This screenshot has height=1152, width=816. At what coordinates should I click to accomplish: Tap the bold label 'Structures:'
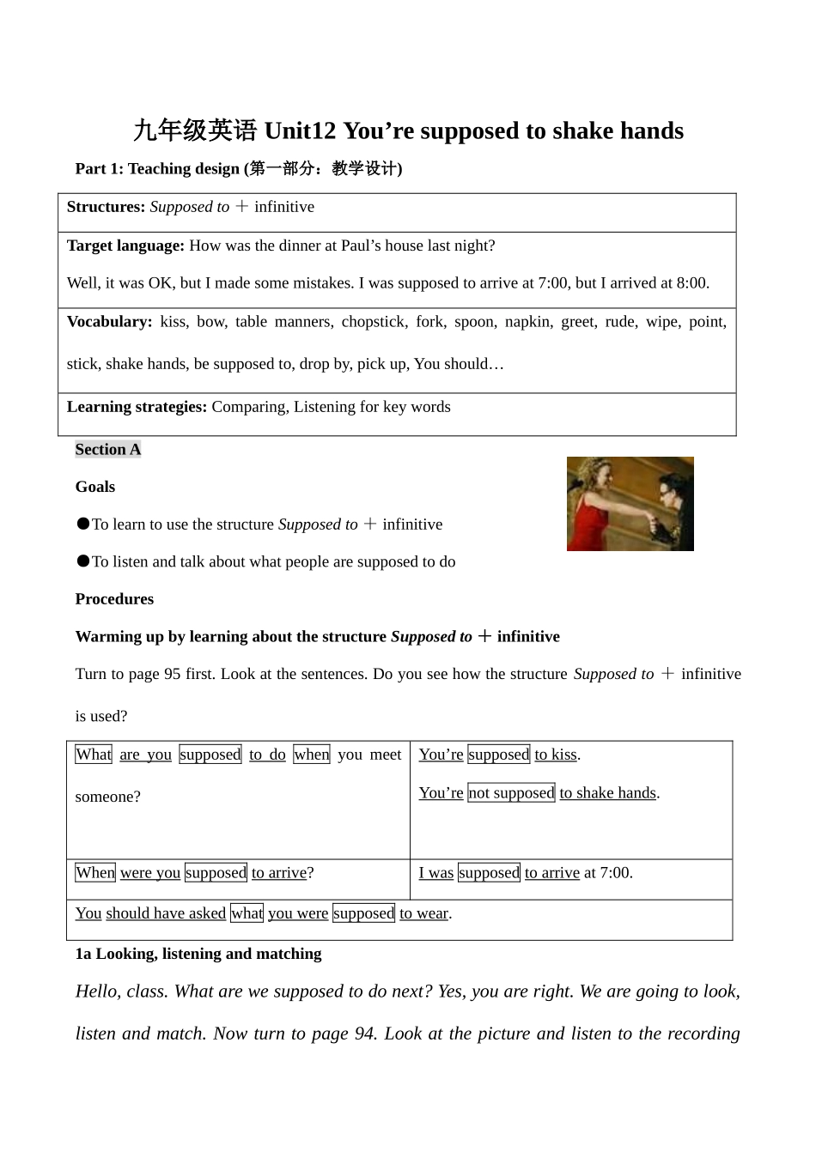tap(106, 207)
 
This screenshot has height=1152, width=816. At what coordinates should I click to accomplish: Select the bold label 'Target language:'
tap(125, 246)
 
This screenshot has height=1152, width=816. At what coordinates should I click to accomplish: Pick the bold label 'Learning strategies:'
tap(137, 407)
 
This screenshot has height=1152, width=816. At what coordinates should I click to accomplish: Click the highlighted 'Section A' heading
tap(108, 450)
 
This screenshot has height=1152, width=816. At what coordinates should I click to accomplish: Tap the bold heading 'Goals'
tap(95, 487)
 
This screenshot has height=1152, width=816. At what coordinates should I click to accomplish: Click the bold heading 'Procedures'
tap(114, 599)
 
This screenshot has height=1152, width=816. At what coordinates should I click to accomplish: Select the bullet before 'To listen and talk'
tap(82, 561)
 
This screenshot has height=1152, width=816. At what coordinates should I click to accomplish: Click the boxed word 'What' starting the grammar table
tap(93, 755)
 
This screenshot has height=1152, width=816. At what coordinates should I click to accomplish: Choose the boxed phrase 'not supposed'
tap(511, 793)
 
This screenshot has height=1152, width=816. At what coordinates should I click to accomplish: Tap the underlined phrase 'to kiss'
tap(556, 755)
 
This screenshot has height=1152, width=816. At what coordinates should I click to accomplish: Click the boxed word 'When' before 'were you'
tap(94, 873)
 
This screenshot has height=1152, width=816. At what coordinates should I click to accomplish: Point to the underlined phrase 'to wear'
tap(423, 913)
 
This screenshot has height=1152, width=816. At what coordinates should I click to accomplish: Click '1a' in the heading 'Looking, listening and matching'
tap(83, 954)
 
